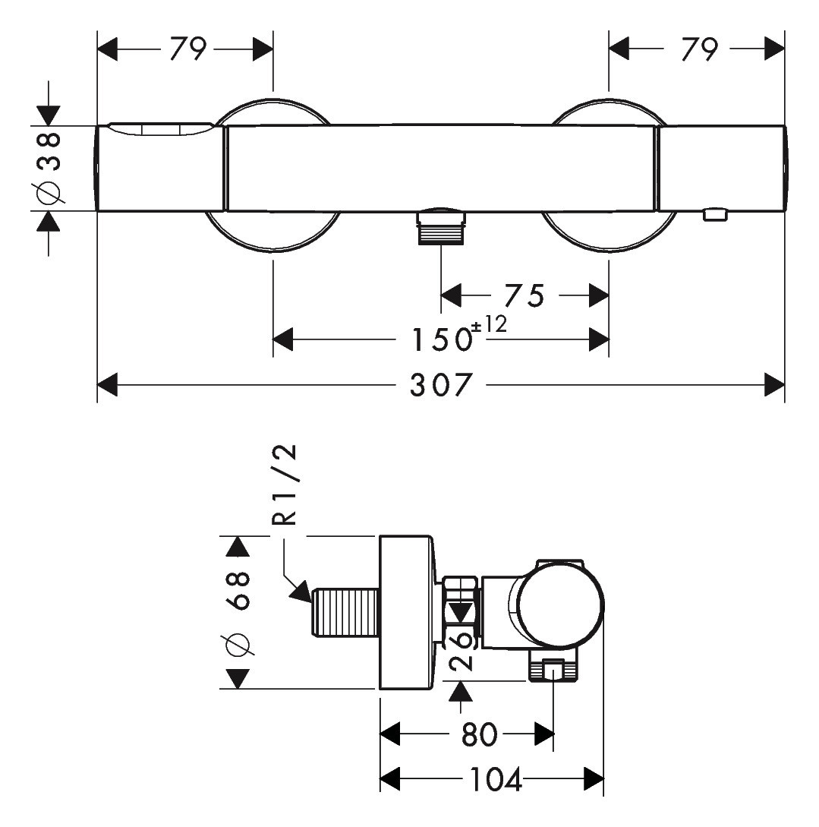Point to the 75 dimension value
[524, 295]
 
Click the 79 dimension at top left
[187, 50]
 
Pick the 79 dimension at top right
[698, 50]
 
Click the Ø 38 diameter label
[48, 168]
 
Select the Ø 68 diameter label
[238, 613]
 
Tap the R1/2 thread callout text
[285, 486]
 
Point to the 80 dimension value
[480, 734]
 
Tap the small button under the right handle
[715, 215]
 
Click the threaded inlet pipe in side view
[345, 612]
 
